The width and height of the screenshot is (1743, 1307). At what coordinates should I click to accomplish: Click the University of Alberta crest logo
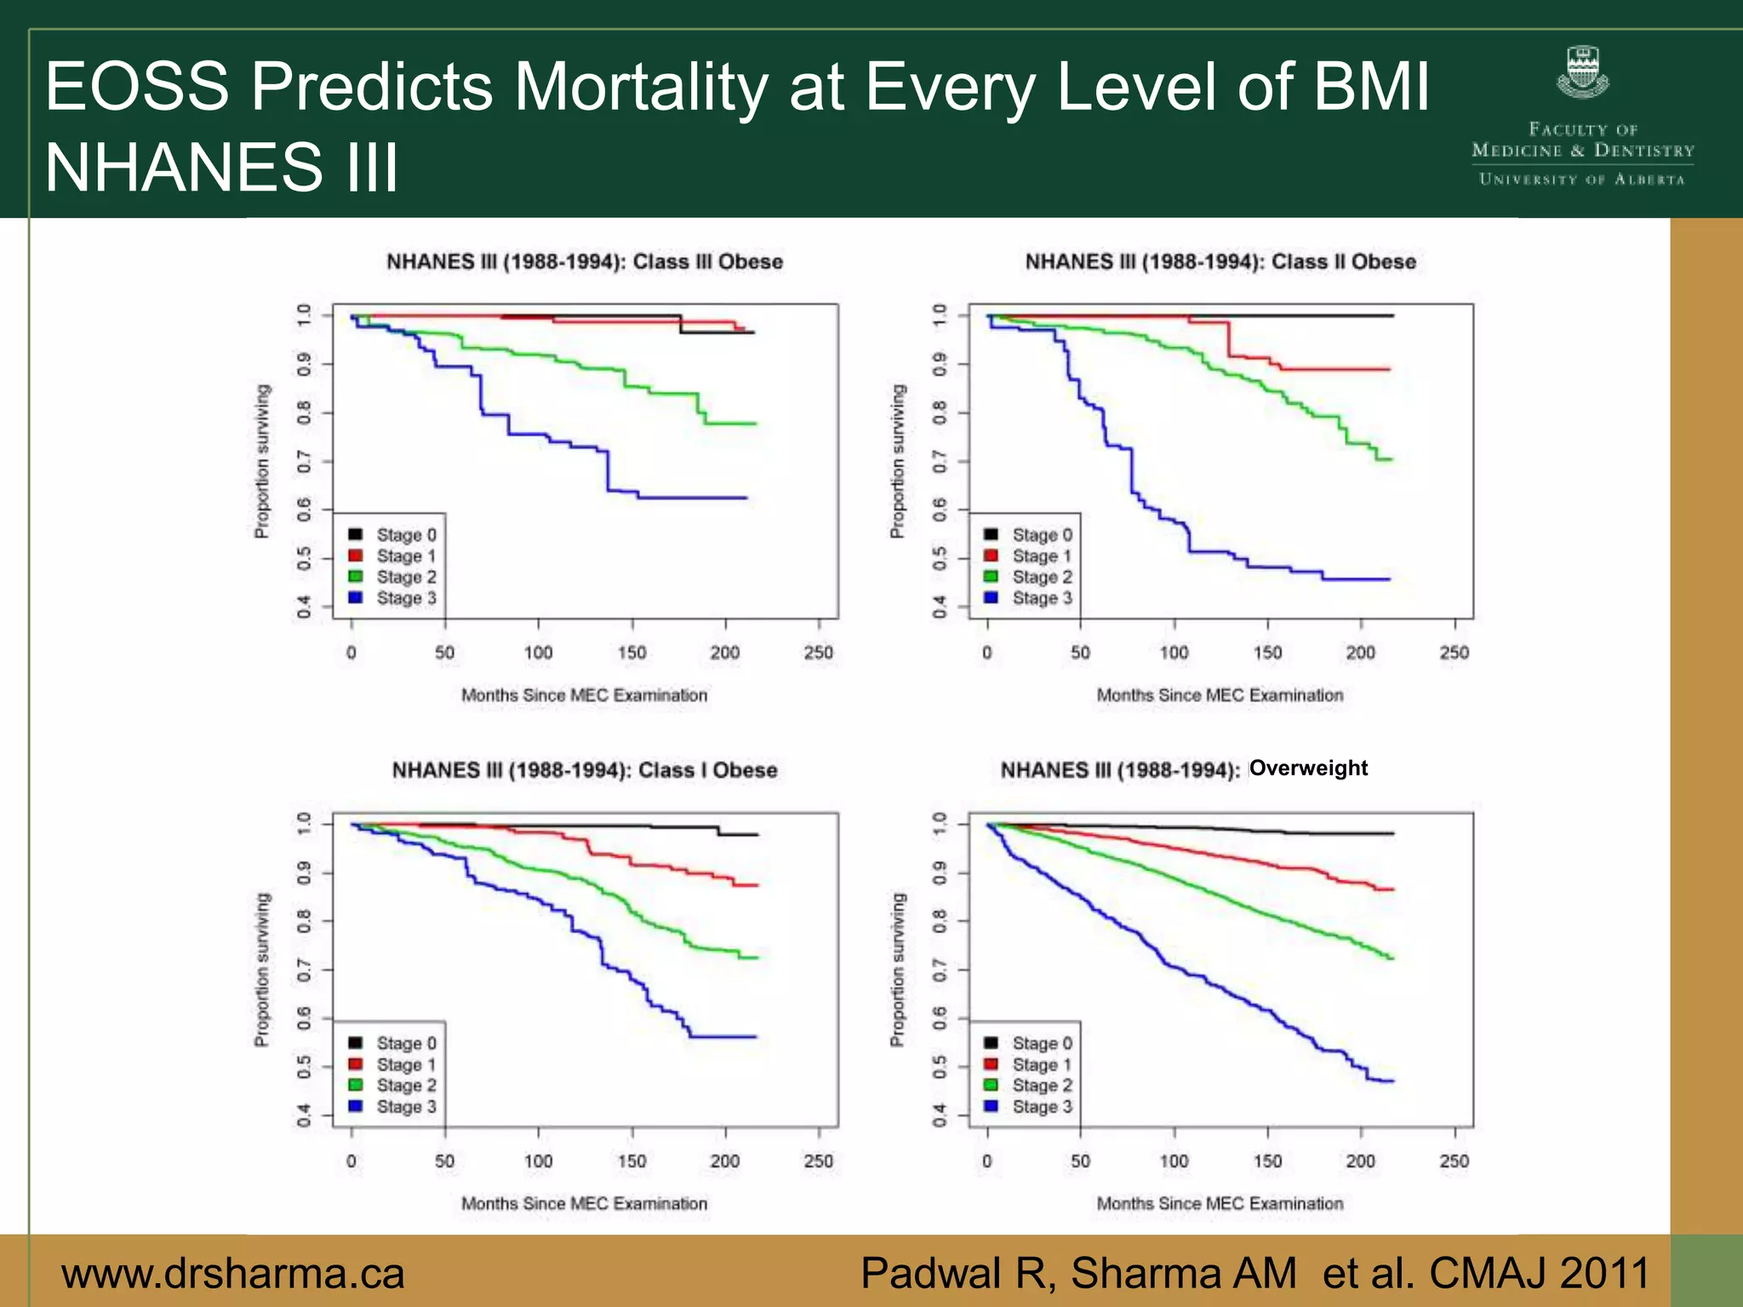pos(1582,72)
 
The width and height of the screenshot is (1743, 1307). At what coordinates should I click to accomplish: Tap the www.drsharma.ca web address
pos(232,1274)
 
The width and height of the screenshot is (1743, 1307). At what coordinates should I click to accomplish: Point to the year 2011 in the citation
pos(1605,1274)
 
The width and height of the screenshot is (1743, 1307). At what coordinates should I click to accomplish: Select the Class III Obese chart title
pos(585,261)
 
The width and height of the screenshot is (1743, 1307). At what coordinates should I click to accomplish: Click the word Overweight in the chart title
pos(1308,768)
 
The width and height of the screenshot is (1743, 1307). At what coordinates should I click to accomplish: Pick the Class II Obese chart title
pos(1220,261)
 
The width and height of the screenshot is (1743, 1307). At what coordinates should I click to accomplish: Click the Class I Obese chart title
pos(585,770)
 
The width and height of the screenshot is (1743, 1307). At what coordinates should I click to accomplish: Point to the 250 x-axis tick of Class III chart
pos(819,653)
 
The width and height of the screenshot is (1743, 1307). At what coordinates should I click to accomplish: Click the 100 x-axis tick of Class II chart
pos(1174,653)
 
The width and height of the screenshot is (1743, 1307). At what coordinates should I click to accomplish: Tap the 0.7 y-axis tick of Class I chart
pos(304,969)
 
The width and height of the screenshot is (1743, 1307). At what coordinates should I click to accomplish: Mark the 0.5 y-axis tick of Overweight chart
pos(940,1066)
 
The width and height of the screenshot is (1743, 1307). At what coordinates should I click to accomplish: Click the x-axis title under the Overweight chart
pos(1220,1204)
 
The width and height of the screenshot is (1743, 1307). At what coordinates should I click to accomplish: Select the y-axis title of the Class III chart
pos(262,461)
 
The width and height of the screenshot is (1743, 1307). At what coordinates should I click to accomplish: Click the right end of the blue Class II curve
pos(1389,579)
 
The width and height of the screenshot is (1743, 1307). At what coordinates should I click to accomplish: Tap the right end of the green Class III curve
pos(755,424)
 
